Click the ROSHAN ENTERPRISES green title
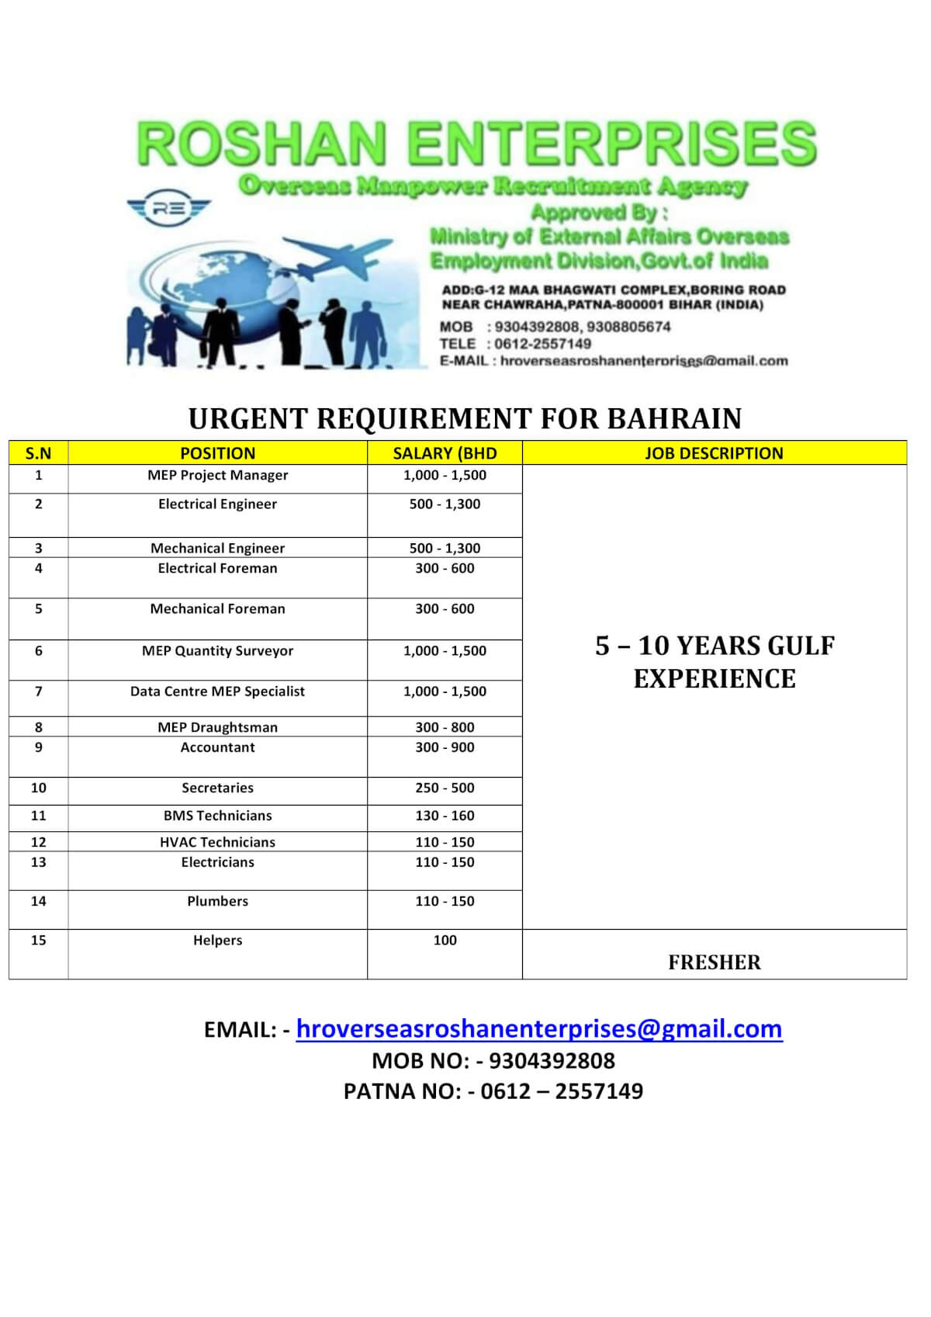(x=476, y=144)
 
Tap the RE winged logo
(x=168, y=208)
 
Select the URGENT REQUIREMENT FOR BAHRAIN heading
(x=465, y=418)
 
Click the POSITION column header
(x=217, y=453)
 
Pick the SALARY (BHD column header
(x=445, y=453)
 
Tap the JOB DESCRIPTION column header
(x=714, y=453)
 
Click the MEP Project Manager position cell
(x=217, y=475)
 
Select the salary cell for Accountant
(x=445, y=747)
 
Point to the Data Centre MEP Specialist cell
(x=217, y=691)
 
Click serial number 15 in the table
(x=38, y=941)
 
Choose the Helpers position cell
(x=217, y=941)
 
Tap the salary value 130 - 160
(x=445, y=816)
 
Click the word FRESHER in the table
(x=714, y=962)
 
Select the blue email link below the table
(x=539, y=1029)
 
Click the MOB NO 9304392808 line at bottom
(x=493, y=1061)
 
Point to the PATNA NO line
(x=493, y=1092)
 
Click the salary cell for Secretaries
(x=445, y=788)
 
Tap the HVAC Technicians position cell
(x=217, y=842)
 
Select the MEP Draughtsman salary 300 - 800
(x=445, y=727)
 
